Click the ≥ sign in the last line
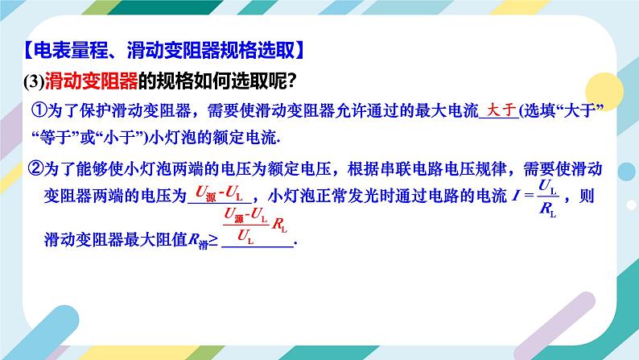[x=212, y=238]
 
